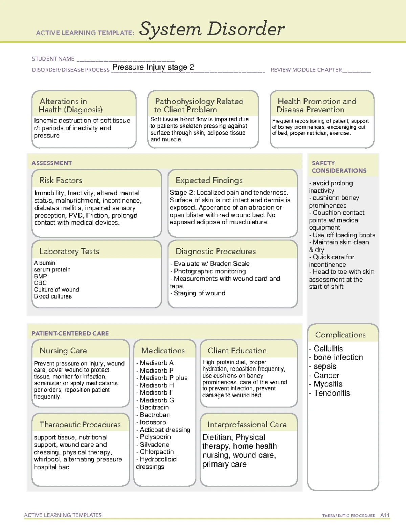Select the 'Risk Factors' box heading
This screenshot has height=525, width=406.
coord(61,180)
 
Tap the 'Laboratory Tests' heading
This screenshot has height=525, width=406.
coord(69,251)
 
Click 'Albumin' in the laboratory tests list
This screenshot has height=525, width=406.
coord(44,263)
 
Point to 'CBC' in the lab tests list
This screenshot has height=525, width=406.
coord(40,283)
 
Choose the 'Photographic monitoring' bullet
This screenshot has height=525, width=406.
coord(209,271)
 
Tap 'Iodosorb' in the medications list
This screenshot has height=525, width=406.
coord(153,422)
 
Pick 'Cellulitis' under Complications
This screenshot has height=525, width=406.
coord(328,349)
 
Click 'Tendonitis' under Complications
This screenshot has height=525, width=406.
coord(332,393)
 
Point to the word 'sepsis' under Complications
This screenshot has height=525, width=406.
coord(325,366)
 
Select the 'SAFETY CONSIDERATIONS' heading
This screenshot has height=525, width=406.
coord(339,167)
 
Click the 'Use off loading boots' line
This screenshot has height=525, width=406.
coord(343,235)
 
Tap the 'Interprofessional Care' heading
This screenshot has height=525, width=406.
coord(247,424)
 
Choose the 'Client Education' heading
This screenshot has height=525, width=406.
coord(237,350)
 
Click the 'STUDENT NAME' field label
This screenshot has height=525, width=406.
coord(53,59)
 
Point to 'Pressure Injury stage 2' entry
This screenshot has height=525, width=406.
coord(153,67)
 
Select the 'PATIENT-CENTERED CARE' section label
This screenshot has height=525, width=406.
coord(70,333)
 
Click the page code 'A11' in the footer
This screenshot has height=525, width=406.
coord(385,515)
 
